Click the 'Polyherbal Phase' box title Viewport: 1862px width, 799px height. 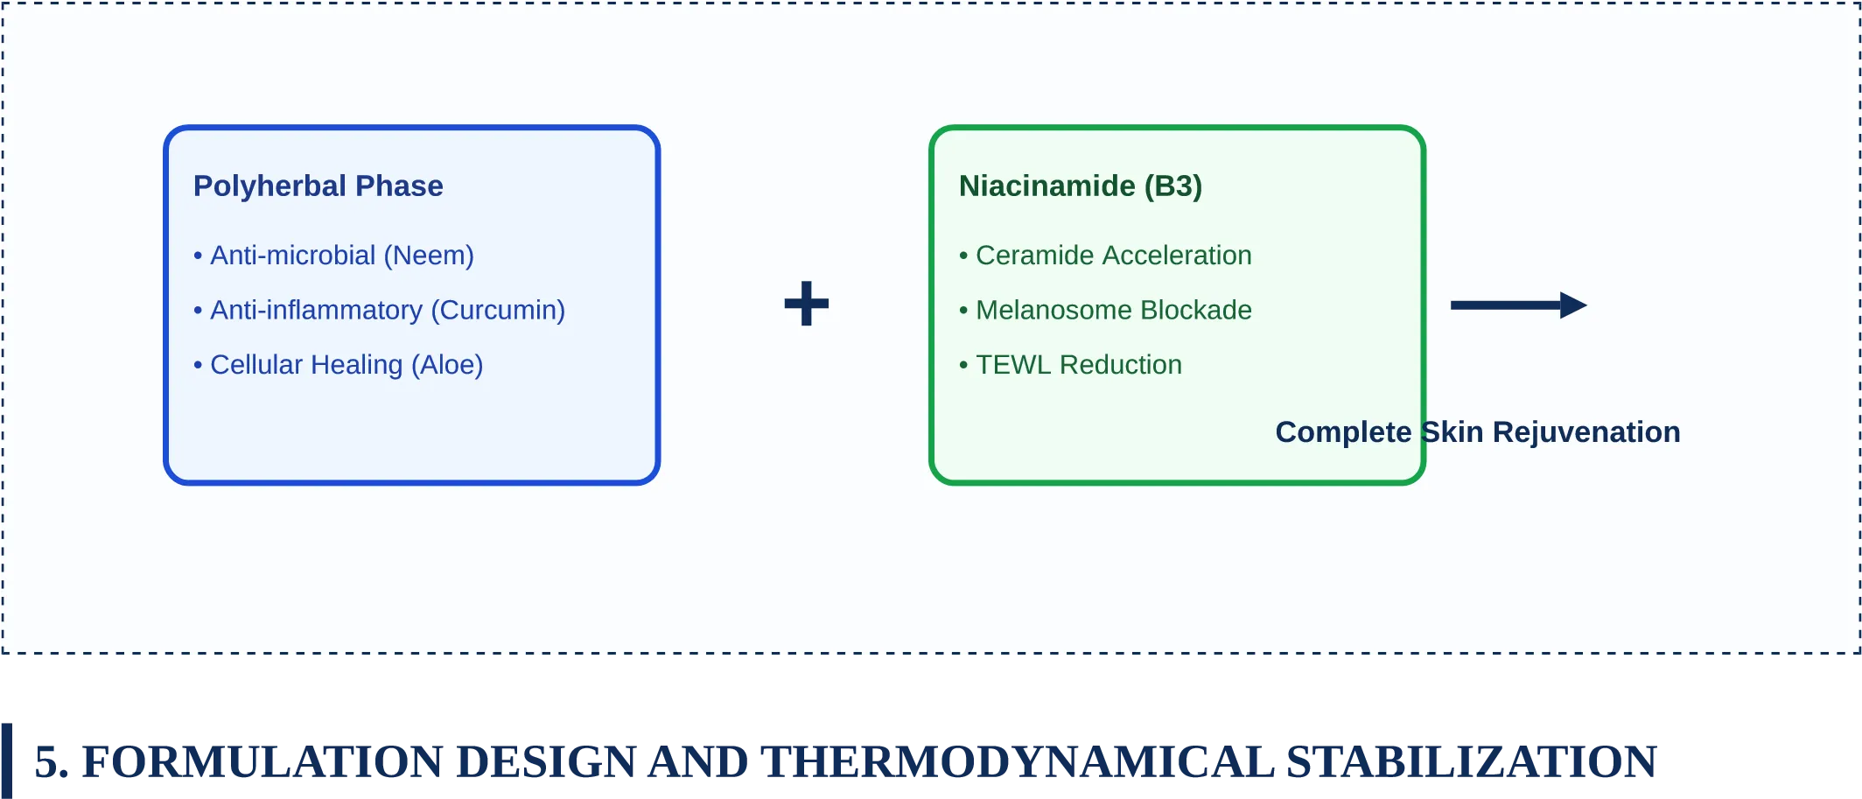click(318, 186)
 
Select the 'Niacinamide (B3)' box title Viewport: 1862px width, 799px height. click(1081, 186)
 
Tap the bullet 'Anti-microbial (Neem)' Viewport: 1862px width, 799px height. click(333, 256)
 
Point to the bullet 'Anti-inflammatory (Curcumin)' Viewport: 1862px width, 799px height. click(379, 311)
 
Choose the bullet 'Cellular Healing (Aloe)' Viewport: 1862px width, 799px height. click(338, 365)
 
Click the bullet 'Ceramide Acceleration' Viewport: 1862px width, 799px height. click(1105, 256)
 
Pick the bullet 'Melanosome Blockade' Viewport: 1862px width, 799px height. click(1105, 310)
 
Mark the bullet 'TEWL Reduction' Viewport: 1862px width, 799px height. click(1070, 365)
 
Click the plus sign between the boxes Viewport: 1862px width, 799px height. click(807, 304)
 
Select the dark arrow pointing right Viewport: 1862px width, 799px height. click(1519, 305)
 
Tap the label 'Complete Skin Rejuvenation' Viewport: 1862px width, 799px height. click(1478, 432)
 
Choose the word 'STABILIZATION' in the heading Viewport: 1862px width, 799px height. click(1472, 761)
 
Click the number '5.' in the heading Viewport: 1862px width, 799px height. click(52, 761)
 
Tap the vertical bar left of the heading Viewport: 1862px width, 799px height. click(7, 760)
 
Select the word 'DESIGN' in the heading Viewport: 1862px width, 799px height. click(546, 761)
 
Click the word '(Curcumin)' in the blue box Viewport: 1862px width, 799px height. click(498, 311)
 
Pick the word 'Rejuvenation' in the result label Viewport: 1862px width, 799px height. click(1586, 432)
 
